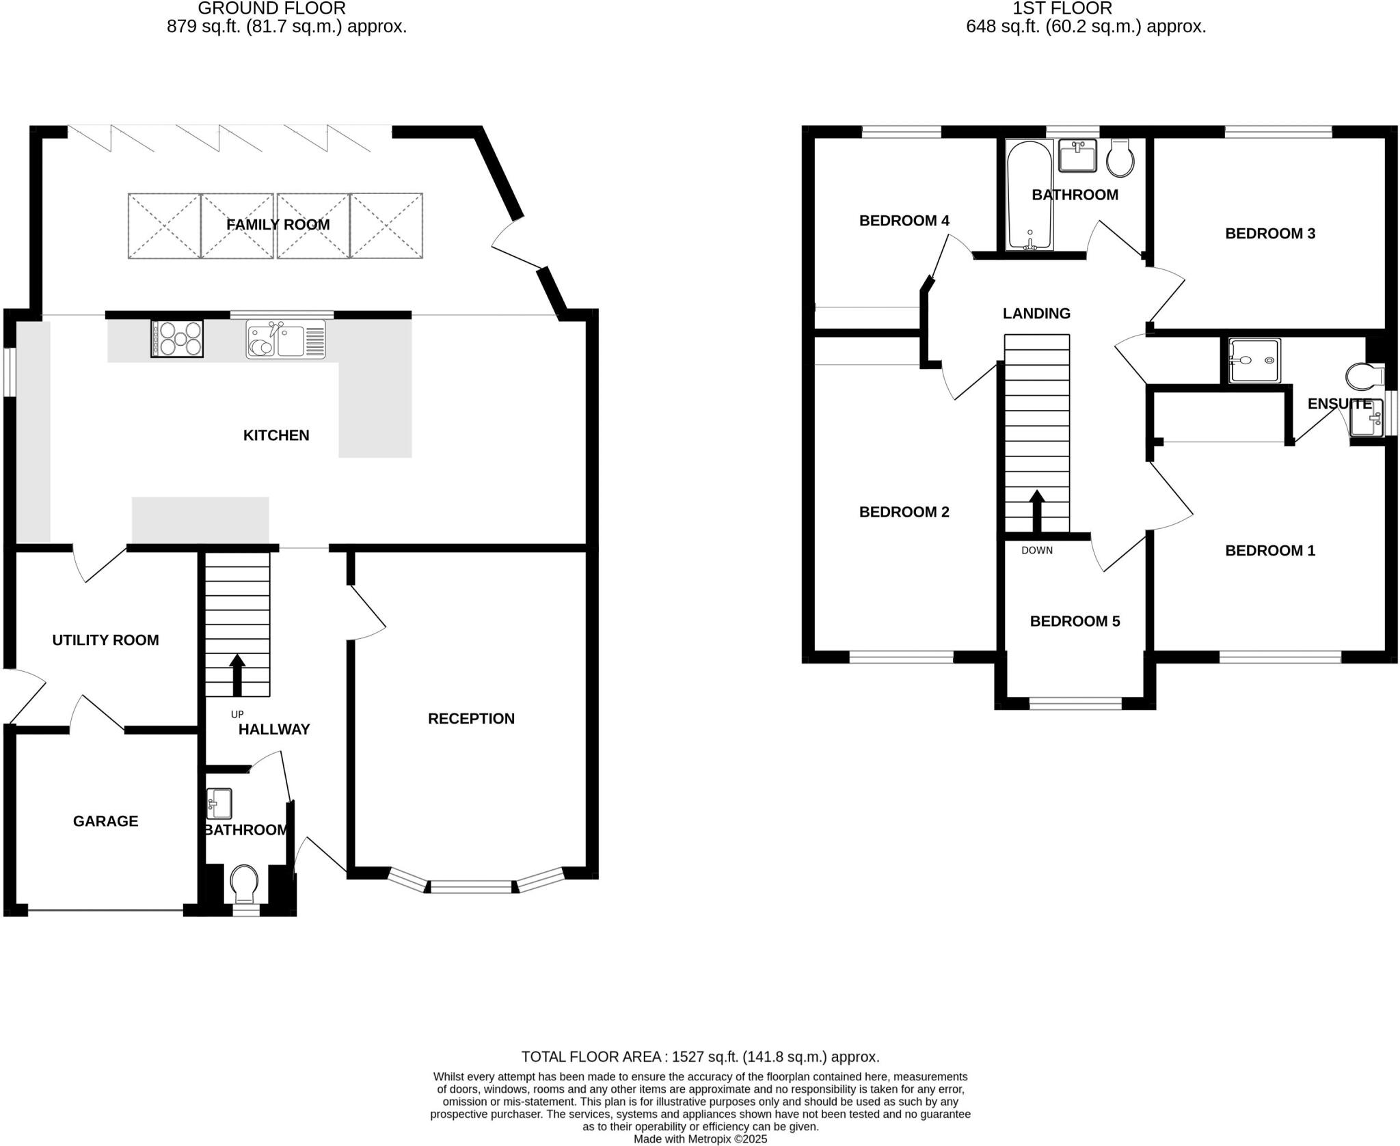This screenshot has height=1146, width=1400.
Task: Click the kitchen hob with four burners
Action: [177, 339]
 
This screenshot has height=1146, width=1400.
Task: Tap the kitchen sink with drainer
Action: [286, 340]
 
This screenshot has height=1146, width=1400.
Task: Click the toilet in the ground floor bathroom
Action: [244, 884]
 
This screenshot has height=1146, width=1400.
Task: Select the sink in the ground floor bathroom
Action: [219, 804]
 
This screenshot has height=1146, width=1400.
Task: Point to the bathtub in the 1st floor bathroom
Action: [1029, 195]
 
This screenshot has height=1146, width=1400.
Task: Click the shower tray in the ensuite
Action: [1254, 360]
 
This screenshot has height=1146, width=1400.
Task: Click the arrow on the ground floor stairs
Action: [237, 674]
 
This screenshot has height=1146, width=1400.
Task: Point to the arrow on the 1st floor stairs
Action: [1036, 510]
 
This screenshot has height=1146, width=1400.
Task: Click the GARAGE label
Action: [105, 821]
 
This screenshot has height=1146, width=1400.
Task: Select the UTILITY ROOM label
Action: [105, 640]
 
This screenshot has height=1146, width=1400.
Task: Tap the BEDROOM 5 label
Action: [1075, 621]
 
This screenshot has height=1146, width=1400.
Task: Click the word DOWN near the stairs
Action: [1036, 550]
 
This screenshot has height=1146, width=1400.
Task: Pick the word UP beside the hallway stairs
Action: [237, 714]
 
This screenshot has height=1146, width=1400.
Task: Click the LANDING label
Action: [1036, 314]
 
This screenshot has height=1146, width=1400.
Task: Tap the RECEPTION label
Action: [471, 719]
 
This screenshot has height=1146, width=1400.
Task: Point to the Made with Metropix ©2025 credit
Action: [700, 1139]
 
